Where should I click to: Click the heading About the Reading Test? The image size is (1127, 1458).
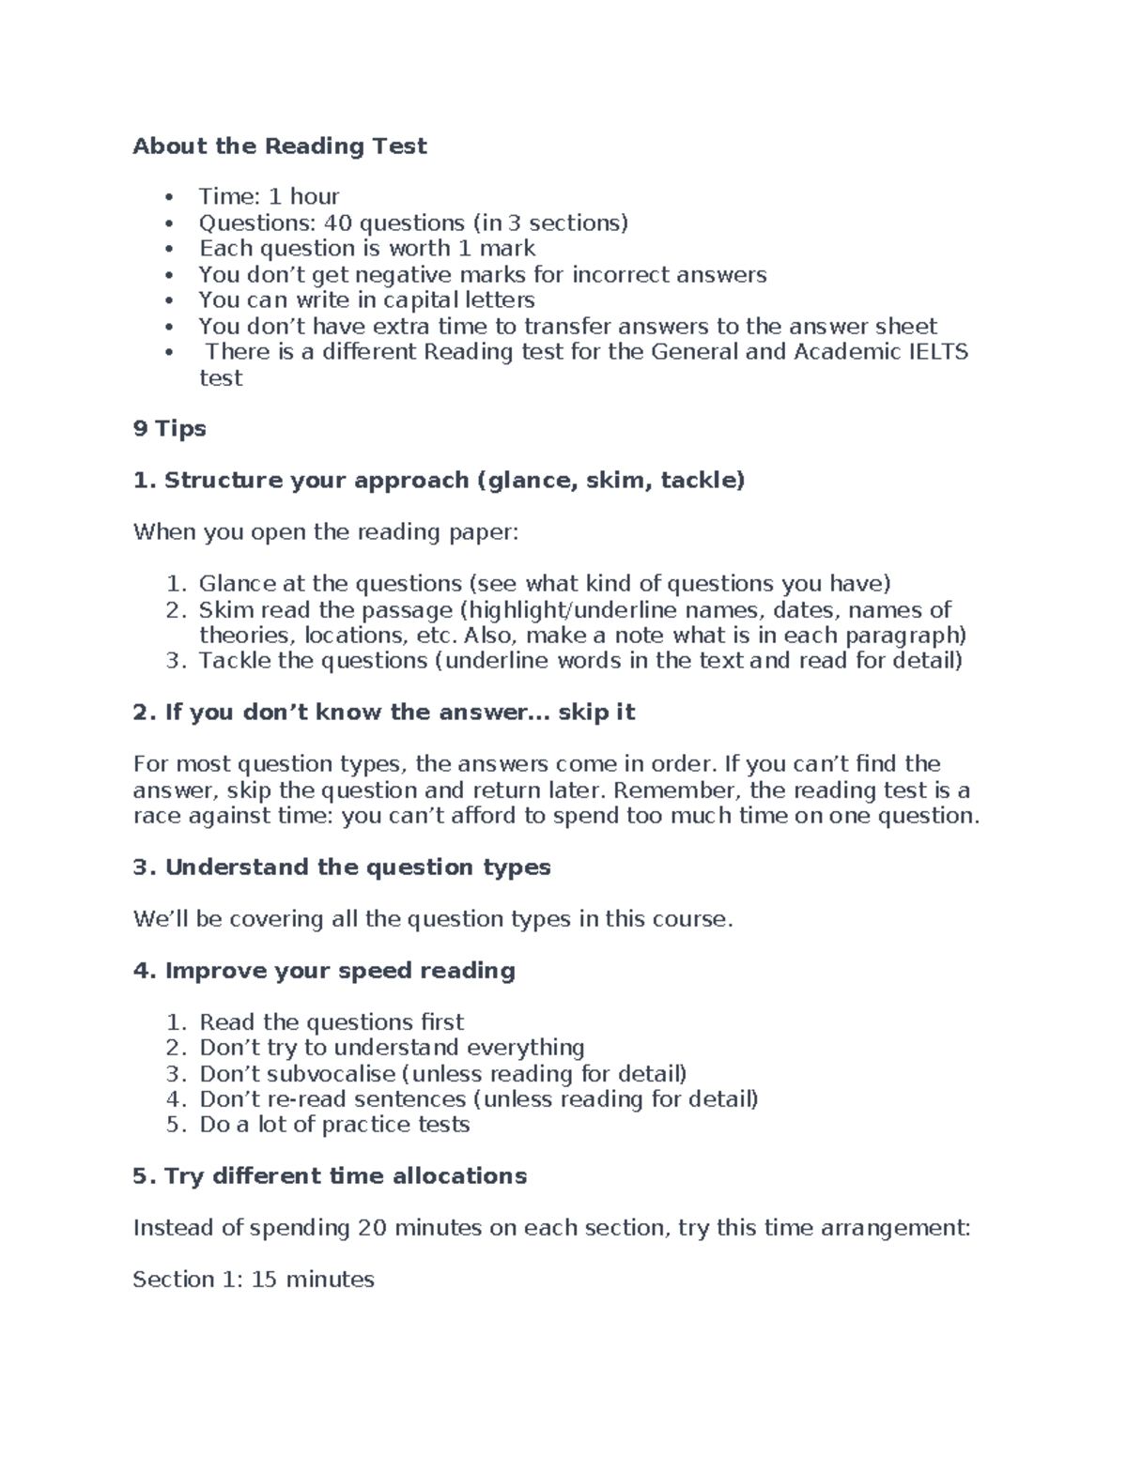[280, 146]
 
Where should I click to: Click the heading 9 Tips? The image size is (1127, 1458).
[169, 429]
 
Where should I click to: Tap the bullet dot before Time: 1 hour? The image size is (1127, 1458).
[169, 197]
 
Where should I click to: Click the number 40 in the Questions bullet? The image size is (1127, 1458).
[337, 223]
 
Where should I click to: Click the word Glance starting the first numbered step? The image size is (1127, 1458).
[235, 584]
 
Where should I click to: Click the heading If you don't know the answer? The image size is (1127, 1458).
[385, 713]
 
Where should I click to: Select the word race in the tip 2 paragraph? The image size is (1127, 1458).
[157, 816]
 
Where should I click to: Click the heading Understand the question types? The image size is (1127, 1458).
[342, 867]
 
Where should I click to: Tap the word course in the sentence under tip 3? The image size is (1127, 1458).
[691, 919]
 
